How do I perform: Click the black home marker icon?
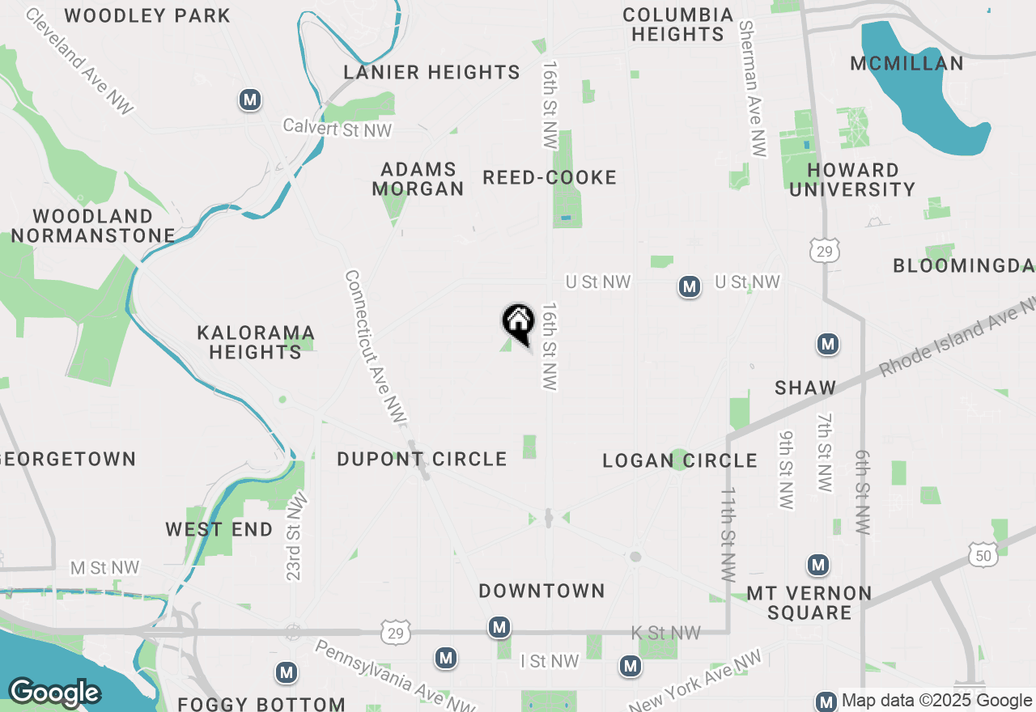[518, 322]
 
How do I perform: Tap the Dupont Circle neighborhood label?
[422, 460]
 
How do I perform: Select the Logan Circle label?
[680, 461]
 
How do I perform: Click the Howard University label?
[852, 180]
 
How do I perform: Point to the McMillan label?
[907, 64]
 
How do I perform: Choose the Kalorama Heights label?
[256, 342]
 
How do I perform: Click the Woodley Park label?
[147, 15]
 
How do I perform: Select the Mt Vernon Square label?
[809, 603]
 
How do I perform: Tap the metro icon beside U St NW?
[689, 286]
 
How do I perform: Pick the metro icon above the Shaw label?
[827, 345]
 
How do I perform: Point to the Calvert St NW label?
[337, 128]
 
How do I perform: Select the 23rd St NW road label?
[294, 536]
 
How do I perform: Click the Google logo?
[54, 693]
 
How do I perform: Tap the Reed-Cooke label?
[550, 178]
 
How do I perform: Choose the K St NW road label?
[665, 633]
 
